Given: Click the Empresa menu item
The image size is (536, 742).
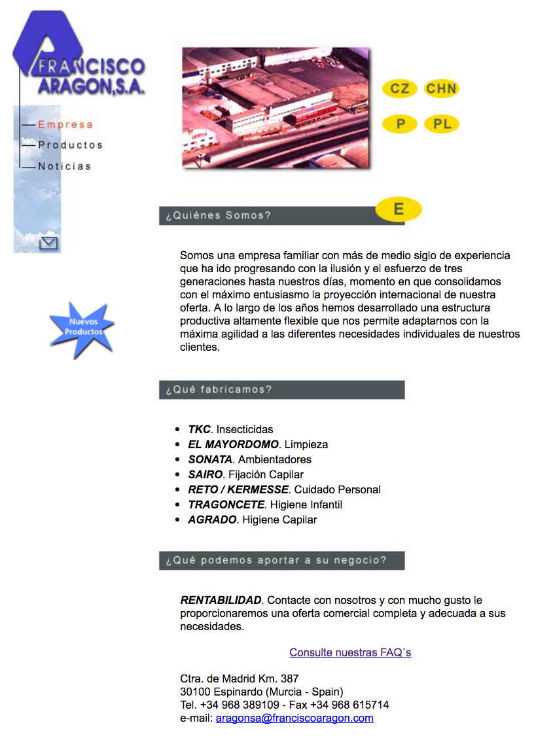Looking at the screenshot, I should click(65, 124).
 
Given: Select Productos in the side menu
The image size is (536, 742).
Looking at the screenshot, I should click(70, 145).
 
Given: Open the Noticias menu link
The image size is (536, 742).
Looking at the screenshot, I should click(64, 166).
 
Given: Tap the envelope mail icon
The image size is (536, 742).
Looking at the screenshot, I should click(49, 243).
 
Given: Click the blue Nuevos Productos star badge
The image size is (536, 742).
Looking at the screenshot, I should click(82, 328).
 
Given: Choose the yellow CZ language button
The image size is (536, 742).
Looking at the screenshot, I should click(399, 88).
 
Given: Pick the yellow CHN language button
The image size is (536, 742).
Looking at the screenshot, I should click(441, 88).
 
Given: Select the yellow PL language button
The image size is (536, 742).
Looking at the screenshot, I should click(442, 124).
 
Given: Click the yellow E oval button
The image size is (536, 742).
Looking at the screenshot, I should click(399, 209).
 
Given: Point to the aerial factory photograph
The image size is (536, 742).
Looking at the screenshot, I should click(276, 107).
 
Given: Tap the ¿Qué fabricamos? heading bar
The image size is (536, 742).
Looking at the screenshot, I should click(281, 389).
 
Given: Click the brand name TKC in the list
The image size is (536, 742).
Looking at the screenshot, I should click(199, 429).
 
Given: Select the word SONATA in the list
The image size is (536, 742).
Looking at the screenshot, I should click(210, 459).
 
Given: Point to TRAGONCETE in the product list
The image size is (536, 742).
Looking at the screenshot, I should click(226, 504).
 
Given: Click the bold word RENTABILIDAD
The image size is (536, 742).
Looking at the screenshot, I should click(221, 600).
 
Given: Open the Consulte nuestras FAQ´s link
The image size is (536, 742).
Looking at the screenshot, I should click(350, 652).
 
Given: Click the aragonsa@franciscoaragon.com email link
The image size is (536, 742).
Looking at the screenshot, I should click(295, 718).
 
